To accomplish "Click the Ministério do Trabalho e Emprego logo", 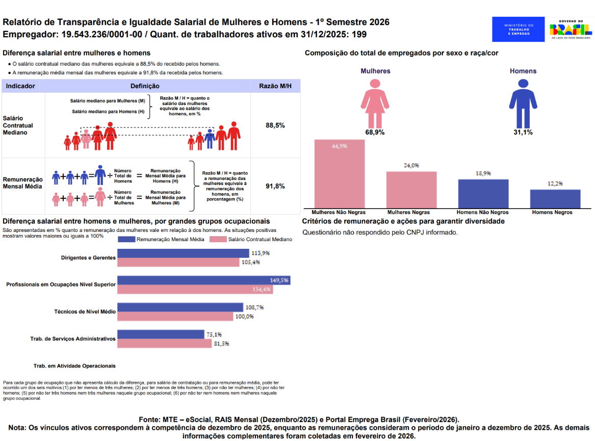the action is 518,29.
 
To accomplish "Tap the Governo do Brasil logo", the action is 571,29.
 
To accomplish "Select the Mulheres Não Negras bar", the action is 339,174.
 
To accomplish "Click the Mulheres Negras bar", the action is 411,190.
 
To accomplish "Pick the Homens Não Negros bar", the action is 483,194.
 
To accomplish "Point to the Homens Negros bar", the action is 555,199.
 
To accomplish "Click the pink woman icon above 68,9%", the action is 375,103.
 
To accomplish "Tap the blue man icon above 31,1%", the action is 523,103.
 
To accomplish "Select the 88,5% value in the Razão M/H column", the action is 275,125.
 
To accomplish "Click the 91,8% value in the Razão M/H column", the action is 275,186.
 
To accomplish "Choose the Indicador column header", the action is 20,86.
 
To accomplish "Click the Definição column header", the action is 145,86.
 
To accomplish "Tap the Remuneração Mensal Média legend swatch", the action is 126,239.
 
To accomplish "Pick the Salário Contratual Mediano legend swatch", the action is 218,239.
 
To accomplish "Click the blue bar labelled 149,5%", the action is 204,280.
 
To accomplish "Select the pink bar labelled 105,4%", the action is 178,262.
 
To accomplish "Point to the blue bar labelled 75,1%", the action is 161,334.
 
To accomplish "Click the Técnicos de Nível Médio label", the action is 85,312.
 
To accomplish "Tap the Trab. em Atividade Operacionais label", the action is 74,366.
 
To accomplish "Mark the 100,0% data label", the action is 244,317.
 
